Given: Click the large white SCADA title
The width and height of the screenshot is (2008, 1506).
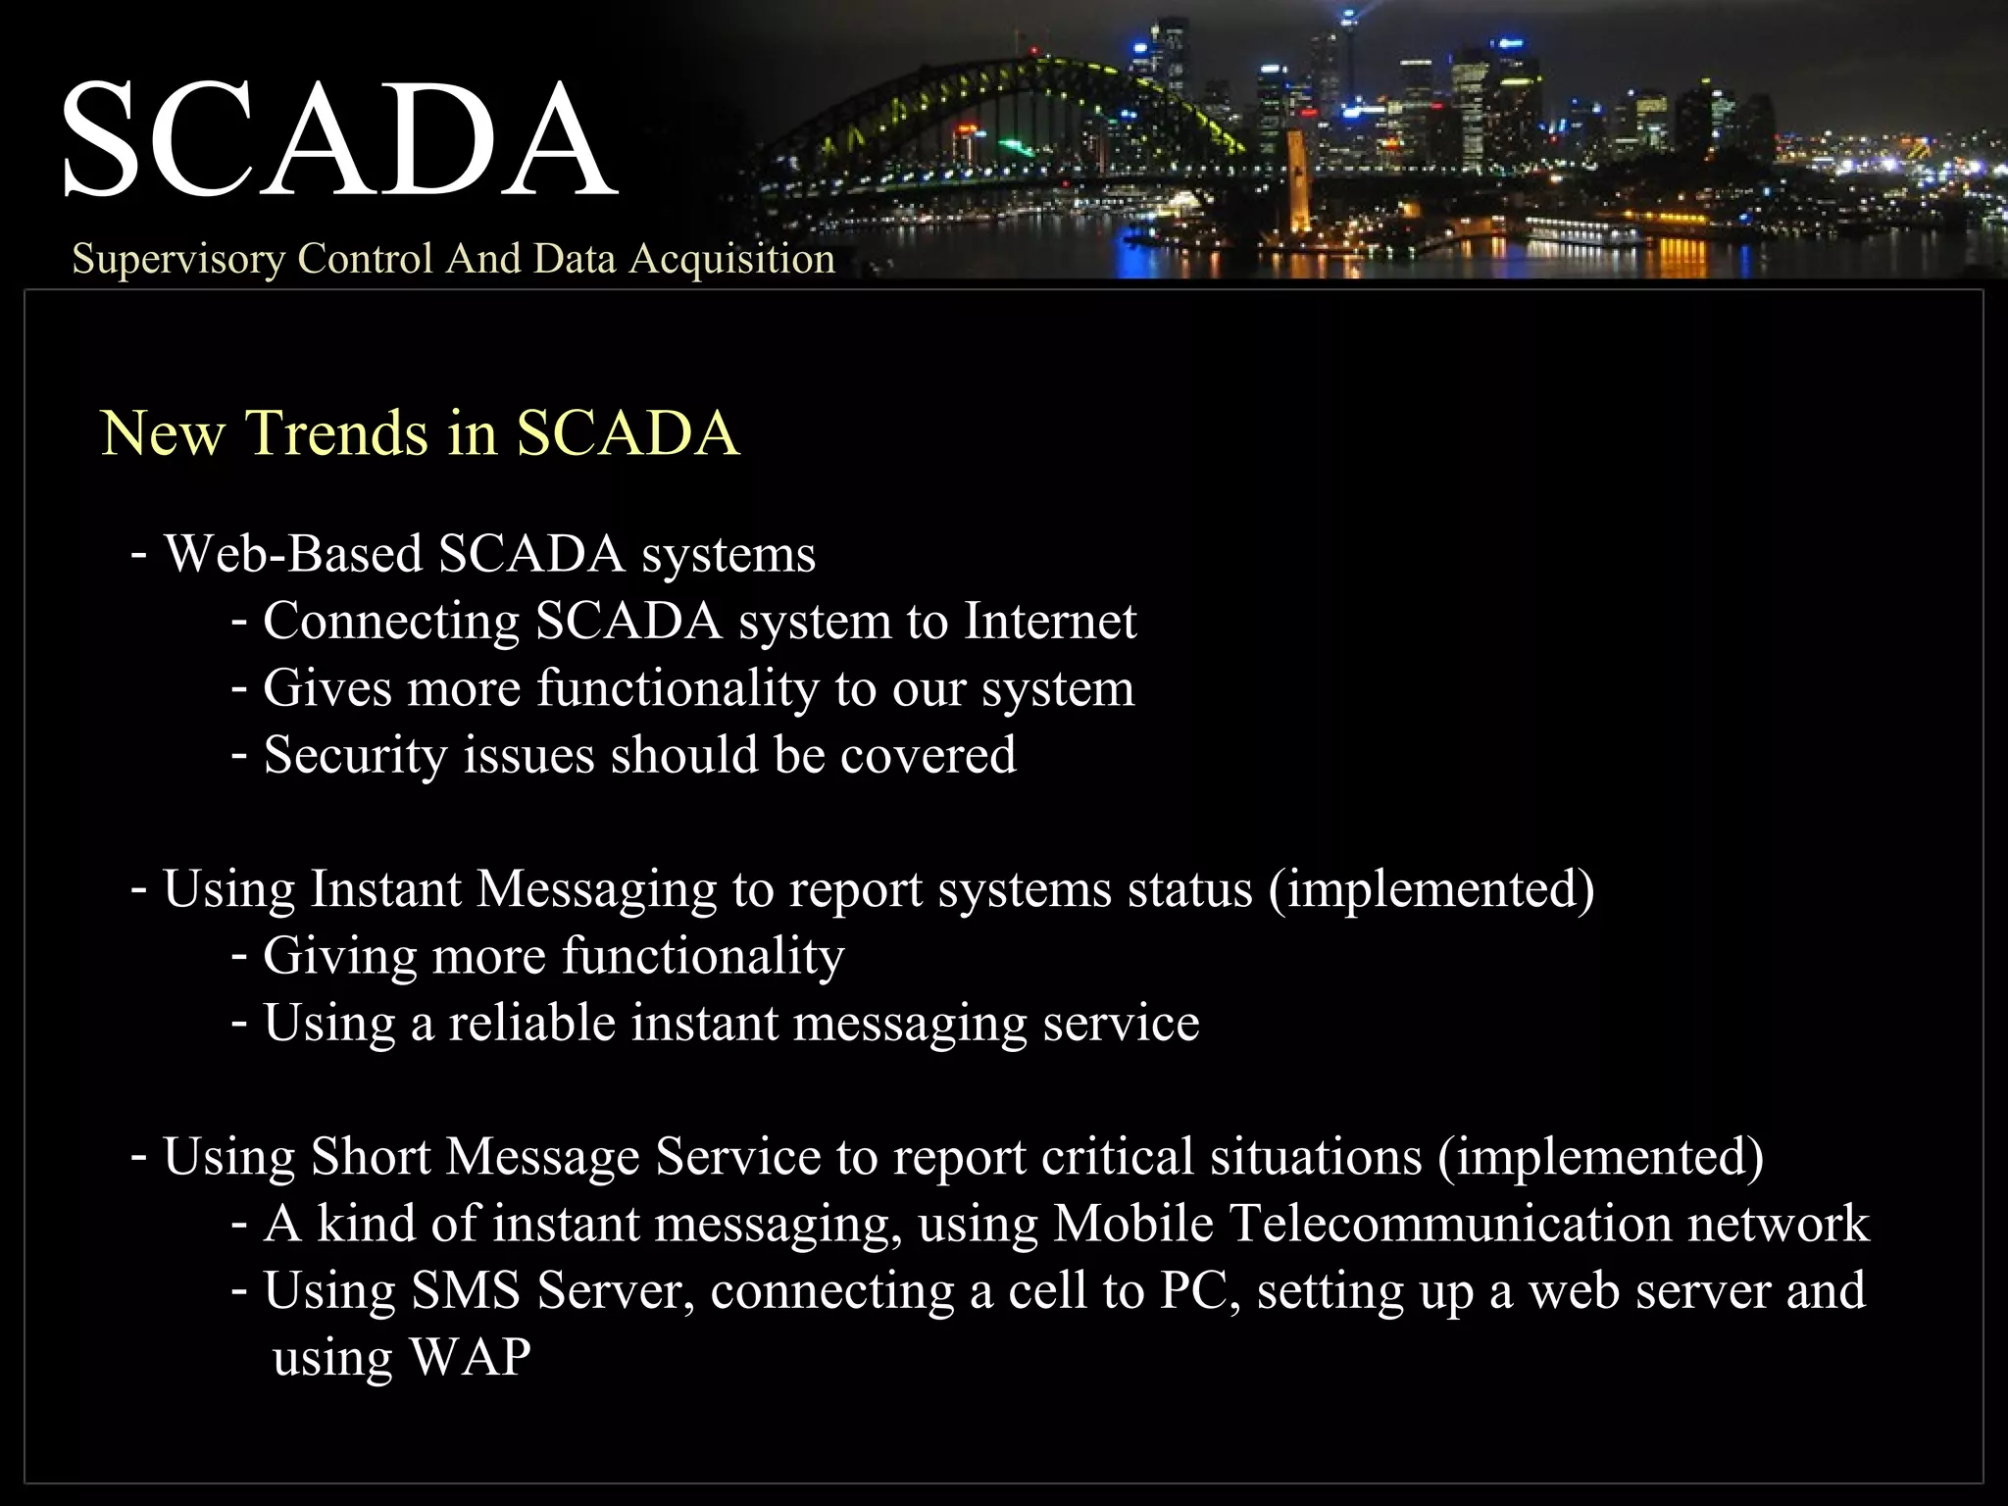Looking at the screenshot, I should click(338, 139).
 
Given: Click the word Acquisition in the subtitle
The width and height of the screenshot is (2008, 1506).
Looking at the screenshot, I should click(731, 259).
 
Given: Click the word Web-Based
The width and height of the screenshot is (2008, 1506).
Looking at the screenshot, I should click(292, 554).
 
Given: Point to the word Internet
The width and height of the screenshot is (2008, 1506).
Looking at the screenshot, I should click(1049, 622).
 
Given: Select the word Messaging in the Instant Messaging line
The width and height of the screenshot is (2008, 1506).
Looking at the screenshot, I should click(596, 890).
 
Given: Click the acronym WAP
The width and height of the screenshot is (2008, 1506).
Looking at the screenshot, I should click(470, 1358).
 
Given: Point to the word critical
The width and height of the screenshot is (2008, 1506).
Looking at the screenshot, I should click(1117, 1157).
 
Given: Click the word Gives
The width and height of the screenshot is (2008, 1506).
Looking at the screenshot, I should click(327, 688).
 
